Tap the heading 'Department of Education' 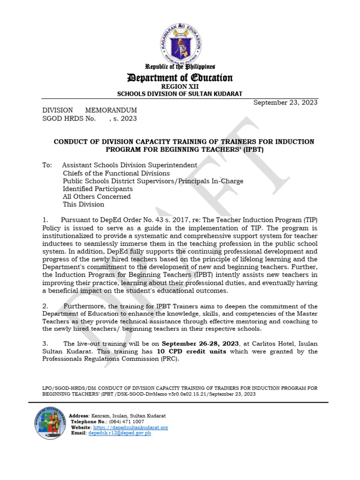coord(180,78)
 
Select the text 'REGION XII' coord(180,87)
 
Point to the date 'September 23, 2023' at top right coord(285,103)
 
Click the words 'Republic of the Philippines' coord(180,67)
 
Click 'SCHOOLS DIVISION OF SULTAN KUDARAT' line coord(180,94)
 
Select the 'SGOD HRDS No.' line coord(90,119)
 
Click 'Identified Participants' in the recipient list coord(97,189)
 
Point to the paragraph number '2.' coord(45,306)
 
